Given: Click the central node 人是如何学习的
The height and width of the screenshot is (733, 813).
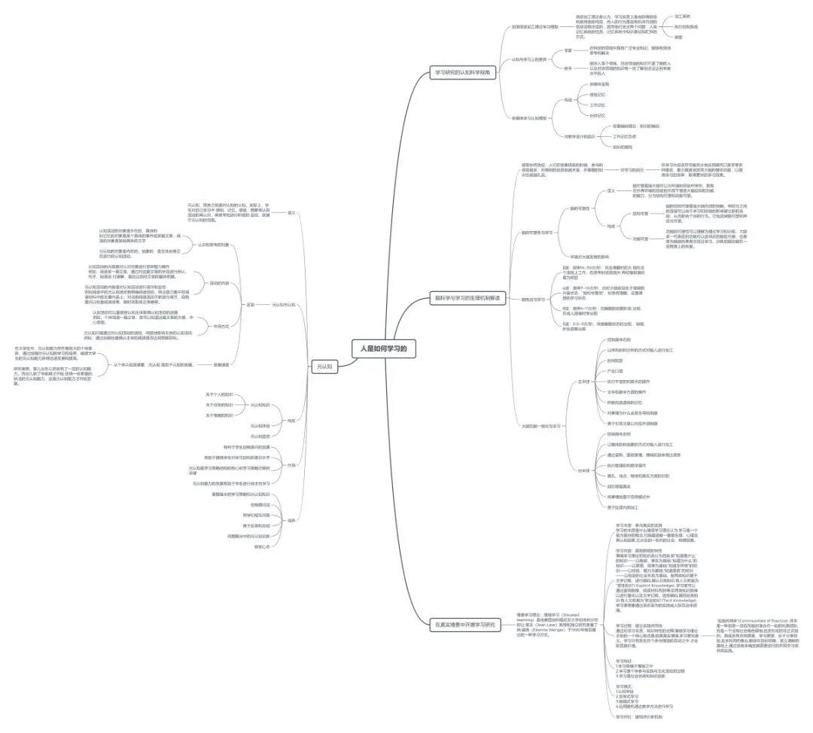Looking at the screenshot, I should [383, 348].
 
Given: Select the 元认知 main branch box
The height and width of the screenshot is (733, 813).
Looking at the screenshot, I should [324, 366].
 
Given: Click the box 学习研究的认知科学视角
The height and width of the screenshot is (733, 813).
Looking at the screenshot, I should [461, 73].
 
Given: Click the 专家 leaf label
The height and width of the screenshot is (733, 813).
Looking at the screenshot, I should [568, 50].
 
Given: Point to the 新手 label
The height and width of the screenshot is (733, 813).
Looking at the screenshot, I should [568, 68].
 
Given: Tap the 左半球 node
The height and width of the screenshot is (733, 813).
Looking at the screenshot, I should [583, 382].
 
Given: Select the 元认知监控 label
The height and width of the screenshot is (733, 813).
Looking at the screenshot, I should [260, 436].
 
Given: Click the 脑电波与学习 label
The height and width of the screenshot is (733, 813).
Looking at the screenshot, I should [534, 299].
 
